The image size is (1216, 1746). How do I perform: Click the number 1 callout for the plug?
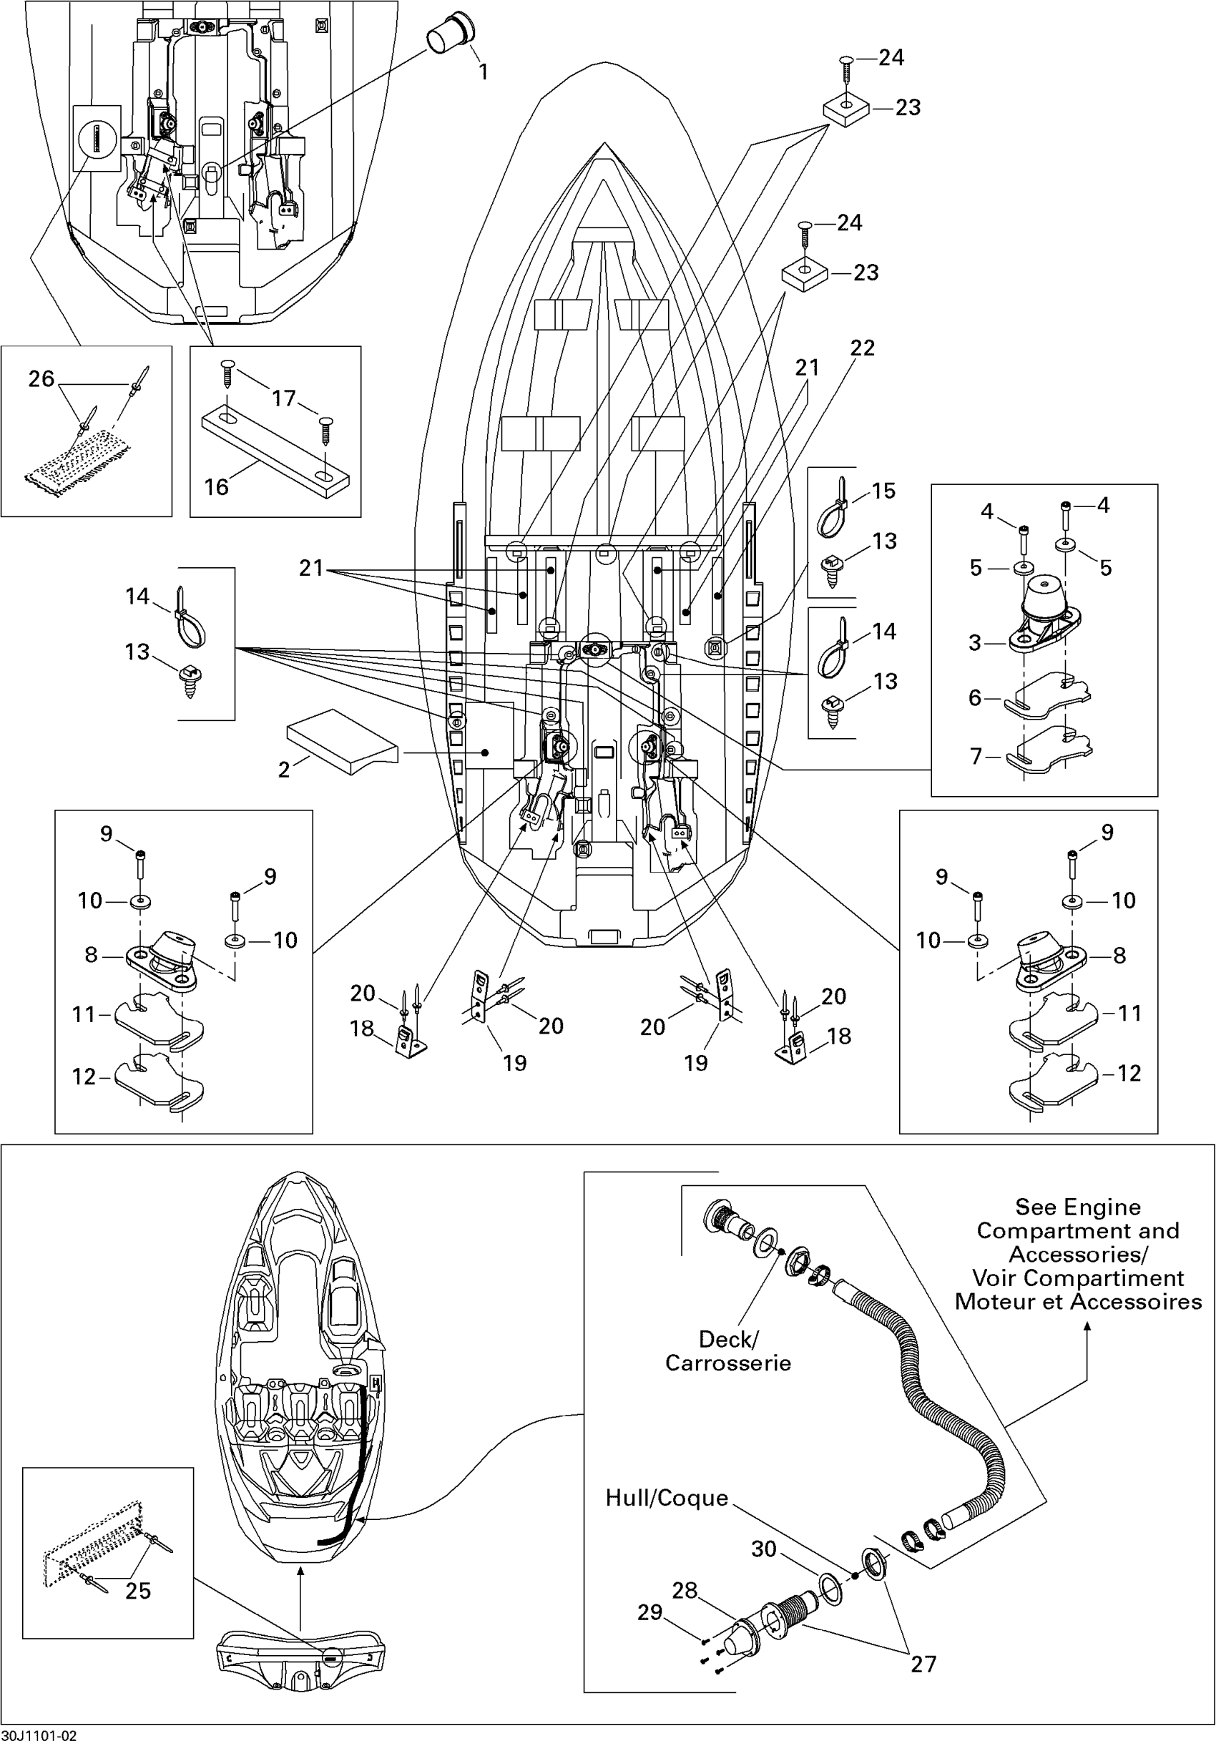pyautogui.click(x=483, y=72)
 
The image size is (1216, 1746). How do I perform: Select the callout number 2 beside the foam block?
pyautogui.click(x=284, y=770)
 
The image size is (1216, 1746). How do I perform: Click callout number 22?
pyautogui.click(x=862, y=348)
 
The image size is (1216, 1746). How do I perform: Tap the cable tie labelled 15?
pyautogui.click(x=833, y=507)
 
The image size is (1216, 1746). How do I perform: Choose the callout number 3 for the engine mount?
pyautogui.click(x=975, y=642)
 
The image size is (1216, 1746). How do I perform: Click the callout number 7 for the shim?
pyautogui.click(x=975, y=756)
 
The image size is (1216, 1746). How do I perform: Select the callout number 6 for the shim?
pyautogui.click(x=975, y=697)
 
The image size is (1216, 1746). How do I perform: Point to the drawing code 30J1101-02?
pyautogui.click(x=39, y=1736)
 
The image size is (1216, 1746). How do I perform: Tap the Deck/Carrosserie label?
pyautogui.click(x=727, y=1350)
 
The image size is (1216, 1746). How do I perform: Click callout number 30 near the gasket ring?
pyautogui.click(x=763, y=1549)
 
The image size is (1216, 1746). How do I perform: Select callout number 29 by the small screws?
pyautogui.click(x=649, y=1612)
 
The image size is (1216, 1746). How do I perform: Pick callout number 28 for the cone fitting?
pyautogui.click(x=685, y=1590)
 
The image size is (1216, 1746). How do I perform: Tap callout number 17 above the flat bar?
pyautogui.click(x=284, y=398)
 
